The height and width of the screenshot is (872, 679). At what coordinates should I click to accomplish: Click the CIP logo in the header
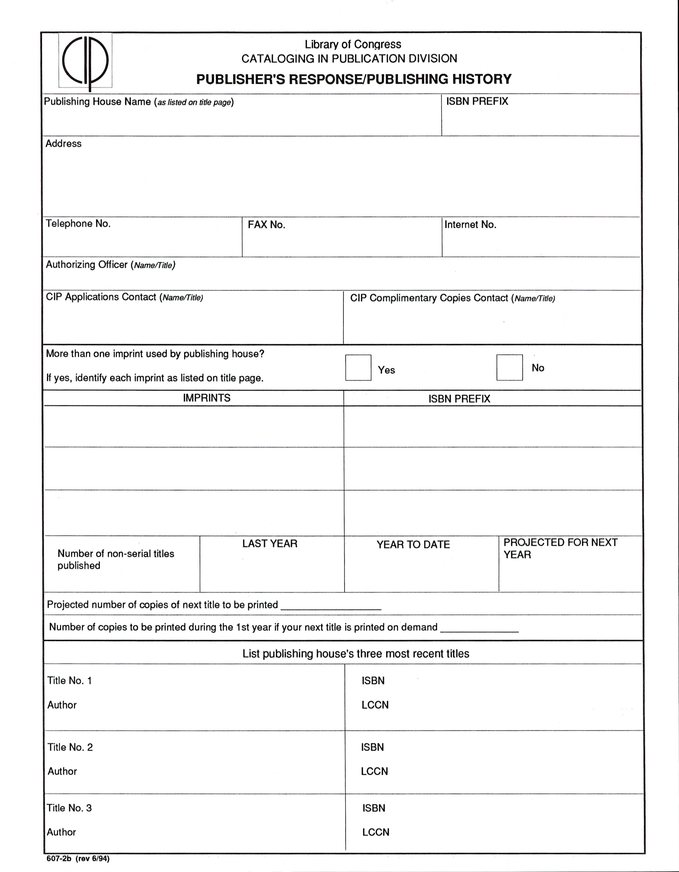click(x=85, y=61)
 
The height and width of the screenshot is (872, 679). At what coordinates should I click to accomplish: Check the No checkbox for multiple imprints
click(x=509, y=367)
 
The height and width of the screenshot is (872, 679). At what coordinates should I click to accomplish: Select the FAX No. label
click(x=266, y=225)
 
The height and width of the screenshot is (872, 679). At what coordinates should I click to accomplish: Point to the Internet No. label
click(x=470, y=225)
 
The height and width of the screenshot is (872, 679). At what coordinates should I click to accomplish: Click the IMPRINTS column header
click(x=206, y=398)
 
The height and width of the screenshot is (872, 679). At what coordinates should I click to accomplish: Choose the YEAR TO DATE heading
click(x=413, y=545)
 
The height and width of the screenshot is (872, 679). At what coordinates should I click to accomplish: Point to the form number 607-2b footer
click(x=78, y=859)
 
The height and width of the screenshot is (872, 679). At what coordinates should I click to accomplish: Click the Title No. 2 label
click(x=70, y=747)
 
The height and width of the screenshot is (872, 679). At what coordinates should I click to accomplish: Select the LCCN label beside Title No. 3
click(x=376, y=832)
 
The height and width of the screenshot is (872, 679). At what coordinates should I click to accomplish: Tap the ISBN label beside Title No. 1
click(x=373, y=681)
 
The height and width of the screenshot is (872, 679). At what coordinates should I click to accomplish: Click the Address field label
click(x=63, y=144)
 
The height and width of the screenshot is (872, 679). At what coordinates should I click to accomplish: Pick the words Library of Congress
click(x=353, y=44)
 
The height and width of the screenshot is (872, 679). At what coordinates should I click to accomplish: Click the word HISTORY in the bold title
click(x=482, y=79)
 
